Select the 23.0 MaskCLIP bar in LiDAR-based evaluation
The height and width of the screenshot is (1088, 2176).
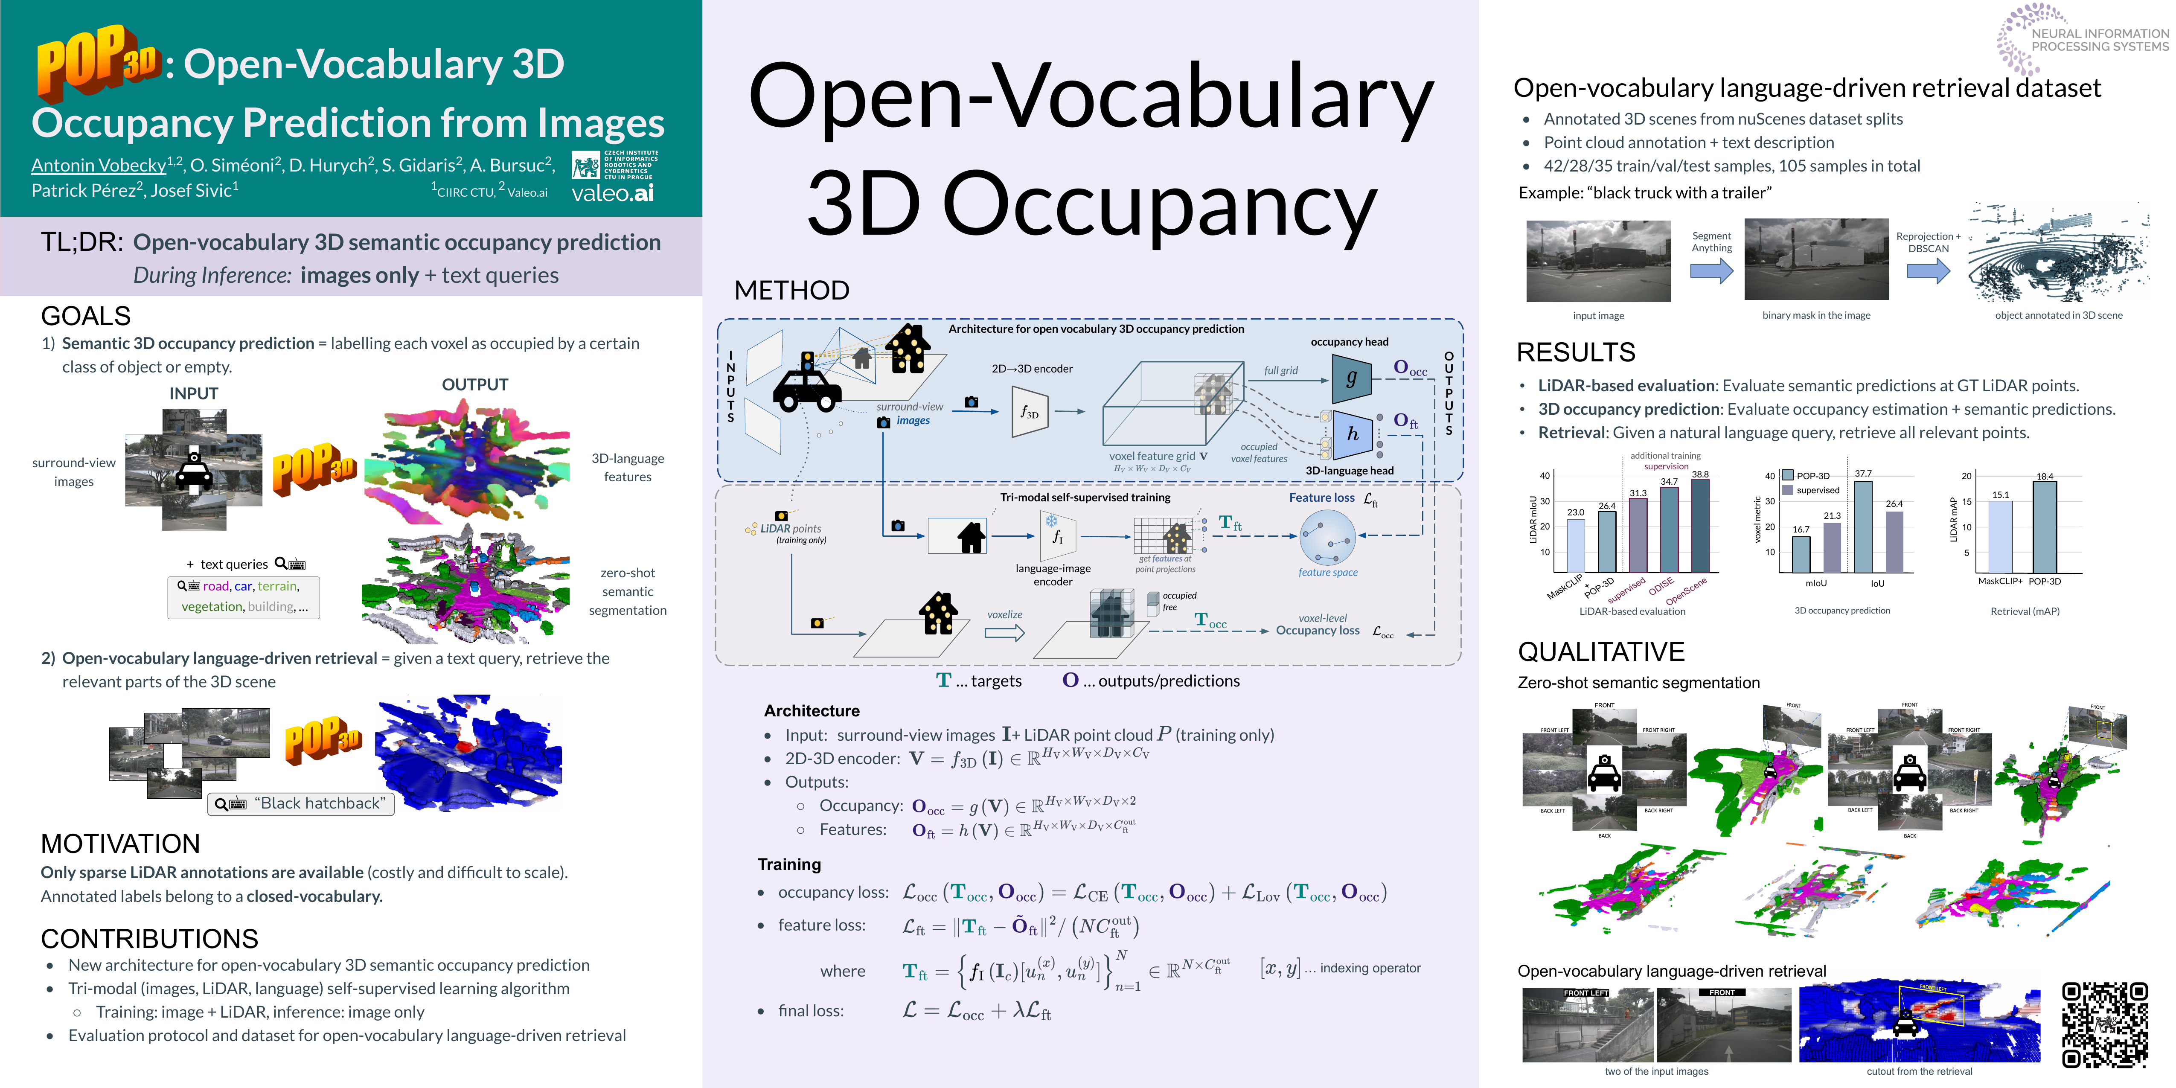[1575, 546]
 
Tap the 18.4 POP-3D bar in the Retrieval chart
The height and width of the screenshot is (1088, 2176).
[2044, 527]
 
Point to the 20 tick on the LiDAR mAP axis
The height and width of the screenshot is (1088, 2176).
[1967, 477]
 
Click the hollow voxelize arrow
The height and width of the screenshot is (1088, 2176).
[1004, 633]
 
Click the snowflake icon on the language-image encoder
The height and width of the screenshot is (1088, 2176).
[1052, 521]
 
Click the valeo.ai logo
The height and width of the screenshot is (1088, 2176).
[612, 193]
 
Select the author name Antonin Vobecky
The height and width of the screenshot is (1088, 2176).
[99, 166]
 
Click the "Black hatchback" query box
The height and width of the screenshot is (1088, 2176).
[302, 803]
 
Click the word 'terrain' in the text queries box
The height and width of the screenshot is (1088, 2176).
[277, 586]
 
